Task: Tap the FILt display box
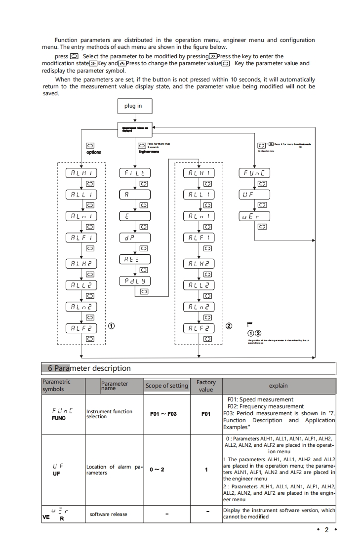[135, 173]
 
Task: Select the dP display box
[135, 237]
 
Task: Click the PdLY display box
[135, 281]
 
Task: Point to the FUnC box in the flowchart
[255, 173]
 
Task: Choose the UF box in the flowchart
[255, 195]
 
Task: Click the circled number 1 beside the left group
[112, 326]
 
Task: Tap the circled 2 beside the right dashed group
[229, 326]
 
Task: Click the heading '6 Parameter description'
[89, 368]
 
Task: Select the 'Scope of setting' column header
[167, 386]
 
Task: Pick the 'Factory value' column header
[206, 386]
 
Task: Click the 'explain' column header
[279, 386]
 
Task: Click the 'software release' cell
[108, 514]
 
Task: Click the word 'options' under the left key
[93, 152]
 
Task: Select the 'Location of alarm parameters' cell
[114, 470]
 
